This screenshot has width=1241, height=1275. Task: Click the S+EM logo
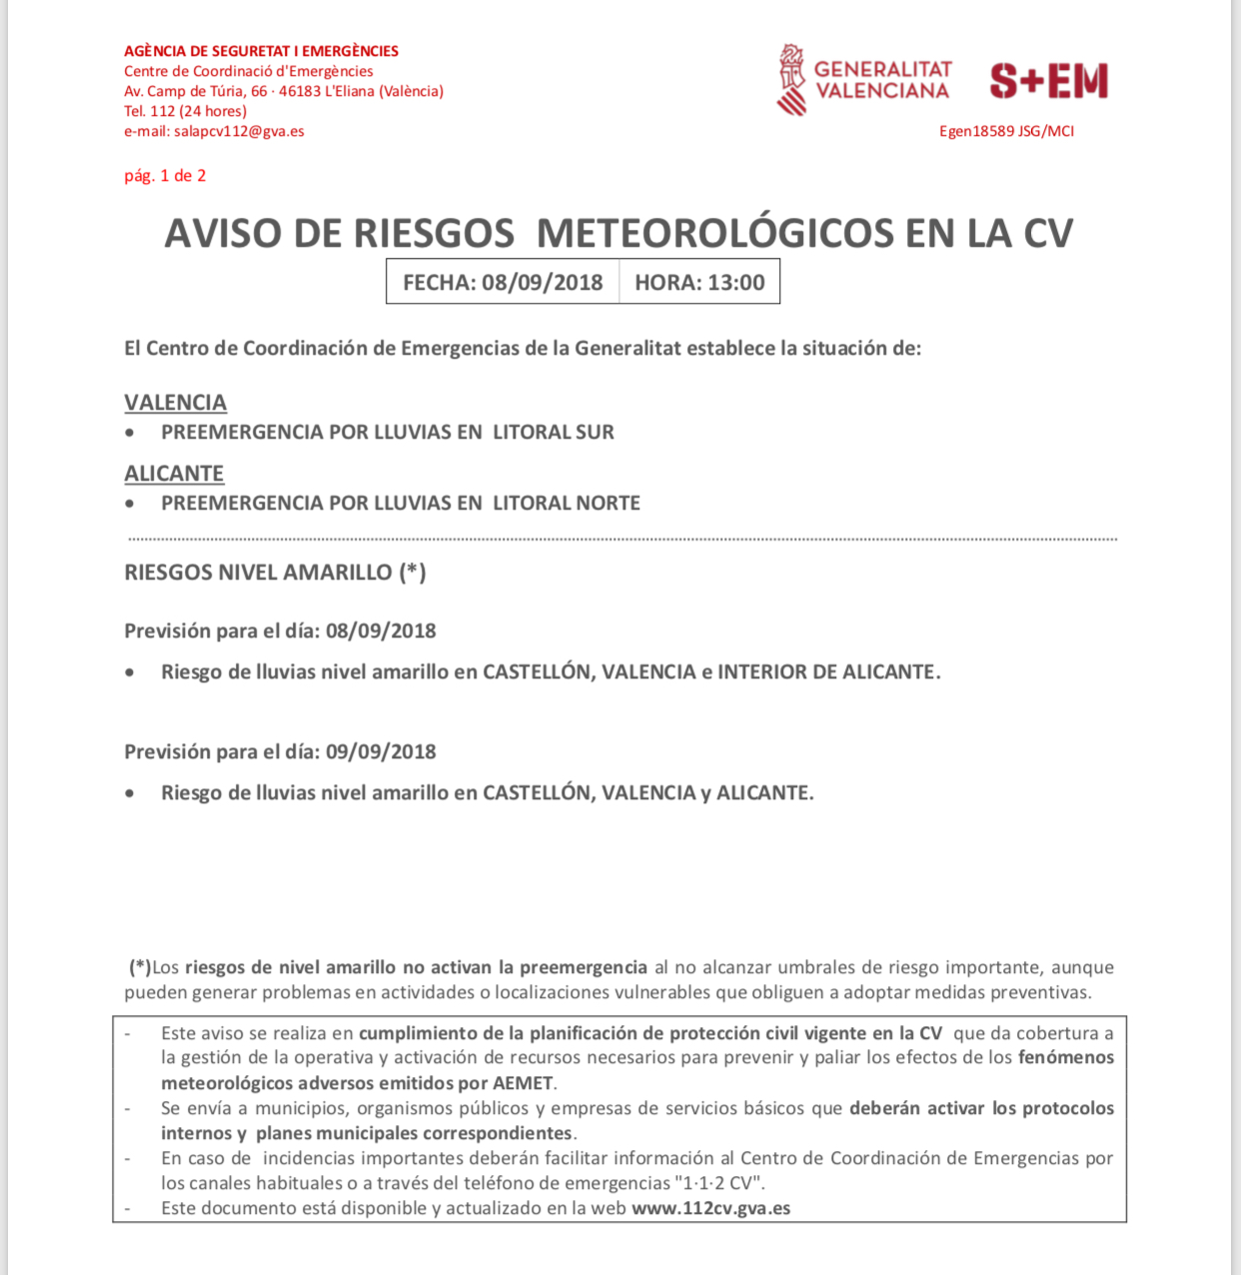(1049, 81)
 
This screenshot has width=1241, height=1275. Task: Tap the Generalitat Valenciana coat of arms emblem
(791, 80)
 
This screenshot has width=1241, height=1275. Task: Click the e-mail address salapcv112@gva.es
(239, 131)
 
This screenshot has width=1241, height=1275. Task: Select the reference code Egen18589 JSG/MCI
(1006, 131)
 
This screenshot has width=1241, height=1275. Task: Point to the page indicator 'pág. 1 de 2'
(165, 176)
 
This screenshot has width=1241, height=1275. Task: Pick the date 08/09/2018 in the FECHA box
(542, 283)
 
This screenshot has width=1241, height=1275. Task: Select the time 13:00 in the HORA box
(736, 283)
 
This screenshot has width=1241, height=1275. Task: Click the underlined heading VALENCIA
(175, 403)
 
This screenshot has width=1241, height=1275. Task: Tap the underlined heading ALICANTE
(174, 474)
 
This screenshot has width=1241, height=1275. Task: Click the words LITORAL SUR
(554, 433)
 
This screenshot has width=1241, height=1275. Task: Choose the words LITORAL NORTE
(567, 504)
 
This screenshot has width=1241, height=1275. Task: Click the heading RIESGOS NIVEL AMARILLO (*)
(275, 573)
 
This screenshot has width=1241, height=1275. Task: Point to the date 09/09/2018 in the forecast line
(381, 751)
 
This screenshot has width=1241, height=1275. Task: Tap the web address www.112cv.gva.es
(710, 1208)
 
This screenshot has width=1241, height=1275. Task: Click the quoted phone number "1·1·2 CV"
(719, 1183)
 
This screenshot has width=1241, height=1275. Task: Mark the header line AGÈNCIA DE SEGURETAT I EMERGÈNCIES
(261, 51)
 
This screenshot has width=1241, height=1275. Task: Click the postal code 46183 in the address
(300, 91)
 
